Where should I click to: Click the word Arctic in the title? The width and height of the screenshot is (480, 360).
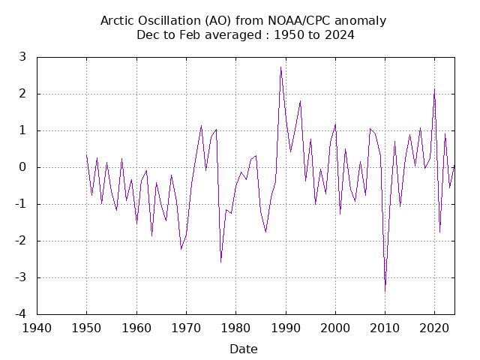click(118, 20)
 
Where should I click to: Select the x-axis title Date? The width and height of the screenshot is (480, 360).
click(244, 349)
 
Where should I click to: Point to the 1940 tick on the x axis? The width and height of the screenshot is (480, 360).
click(37, 328)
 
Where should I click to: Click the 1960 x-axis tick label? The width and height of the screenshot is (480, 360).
click(136, 328)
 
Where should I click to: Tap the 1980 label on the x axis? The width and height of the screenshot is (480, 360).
click(235, 328)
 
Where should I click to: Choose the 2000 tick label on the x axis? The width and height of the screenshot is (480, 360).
click(335, 328)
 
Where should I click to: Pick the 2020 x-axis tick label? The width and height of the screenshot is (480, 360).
click(435, 328)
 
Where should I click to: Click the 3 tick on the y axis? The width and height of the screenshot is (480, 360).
click(23, 57)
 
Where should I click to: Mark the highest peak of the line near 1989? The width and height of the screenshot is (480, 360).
click(280, 67)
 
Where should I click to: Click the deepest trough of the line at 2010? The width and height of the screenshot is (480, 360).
click(385, 290)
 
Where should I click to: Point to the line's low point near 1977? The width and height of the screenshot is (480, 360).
click(220, 262)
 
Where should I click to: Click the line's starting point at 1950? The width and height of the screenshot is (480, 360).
click(86, 155)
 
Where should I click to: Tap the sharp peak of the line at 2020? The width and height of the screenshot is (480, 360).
click(434, 89)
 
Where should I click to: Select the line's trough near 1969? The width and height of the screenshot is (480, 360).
click(181, 248)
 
